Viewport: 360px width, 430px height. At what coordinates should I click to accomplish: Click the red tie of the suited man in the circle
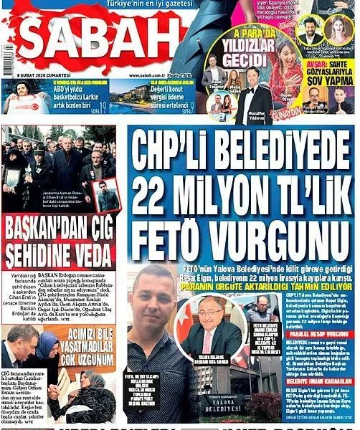pos(219,333)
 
